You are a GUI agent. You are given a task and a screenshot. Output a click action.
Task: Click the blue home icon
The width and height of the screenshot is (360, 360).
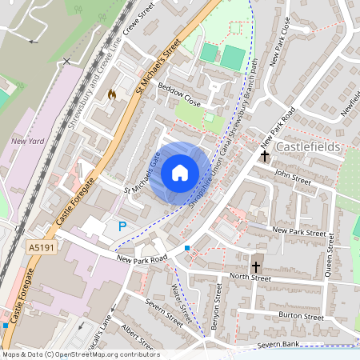(180, 172)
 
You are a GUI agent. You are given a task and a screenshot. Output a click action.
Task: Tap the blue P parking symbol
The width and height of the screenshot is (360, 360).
(122, 226)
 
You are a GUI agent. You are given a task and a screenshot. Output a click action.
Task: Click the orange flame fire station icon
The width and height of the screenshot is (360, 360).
(112, 94)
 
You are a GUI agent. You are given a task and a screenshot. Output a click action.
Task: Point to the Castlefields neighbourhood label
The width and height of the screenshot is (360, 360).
(308, 148)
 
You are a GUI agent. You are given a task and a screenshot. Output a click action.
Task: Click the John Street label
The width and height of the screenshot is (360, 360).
(292, 174)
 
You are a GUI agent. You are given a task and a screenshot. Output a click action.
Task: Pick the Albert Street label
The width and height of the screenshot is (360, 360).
(138, 337)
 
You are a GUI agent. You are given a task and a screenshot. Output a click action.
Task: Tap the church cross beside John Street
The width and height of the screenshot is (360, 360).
(265, 156)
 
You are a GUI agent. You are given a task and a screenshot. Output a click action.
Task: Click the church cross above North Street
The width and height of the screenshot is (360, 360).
(256, 266)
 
